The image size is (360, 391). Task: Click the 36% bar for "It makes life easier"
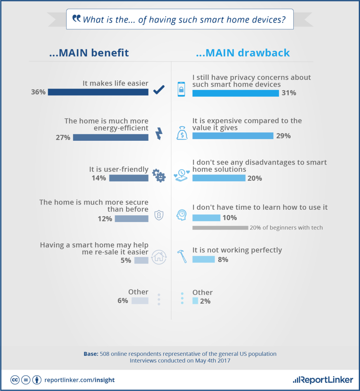pyautogui.click(x=98, y=92)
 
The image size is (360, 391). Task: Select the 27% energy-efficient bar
pyautogui.click(x=111, y=137)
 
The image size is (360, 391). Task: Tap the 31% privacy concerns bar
pyautogui.click(x=236, y=93)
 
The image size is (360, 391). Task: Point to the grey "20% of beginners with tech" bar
pyautogui.click(x=220, y=228)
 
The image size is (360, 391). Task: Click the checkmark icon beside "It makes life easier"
pyautogui.click(x=159, y=90)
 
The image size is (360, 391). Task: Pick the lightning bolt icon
pyautogui.click(x=159, y=133)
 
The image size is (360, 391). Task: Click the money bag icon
pyautogui.click(x=182, y=133)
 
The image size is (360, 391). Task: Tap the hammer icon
pyautogui.click(x=182, y=256)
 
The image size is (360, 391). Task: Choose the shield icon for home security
pyautogui.click(x=159, y=214)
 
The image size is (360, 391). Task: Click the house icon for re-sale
pyautogui.click(x=159, y=257)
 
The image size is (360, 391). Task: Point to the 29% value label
pyautogui.click(x=283, y=136)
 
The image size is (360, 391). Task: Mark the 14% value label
pyautogui.click(x=99, y=178)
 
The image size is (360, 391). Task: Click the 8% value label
pyautogui.click(x=223, y=260)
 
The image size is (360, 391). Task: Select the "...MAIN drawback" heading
pyautogui.click(x=243, y=53)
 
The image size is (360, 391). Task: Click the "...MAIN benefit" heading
pyautogui.click(x=89, y=53)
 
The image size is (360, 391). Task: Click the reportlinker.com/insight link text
pyautogui.click(x=79, y=380)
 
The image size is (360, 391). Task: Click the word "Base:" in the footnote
pyautogui.click(x=91, y=354)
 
